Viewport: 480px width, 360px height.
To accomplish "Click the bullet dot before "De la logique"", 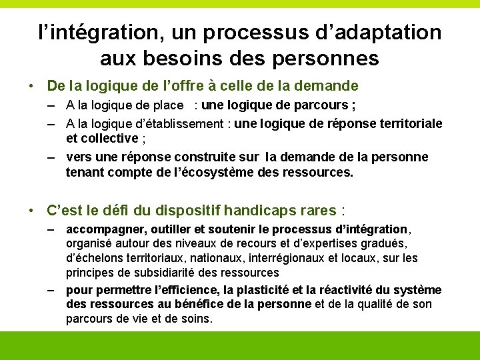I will (31, 86).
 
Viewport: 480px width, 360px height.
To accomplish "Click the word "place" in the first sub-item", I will (167, 105).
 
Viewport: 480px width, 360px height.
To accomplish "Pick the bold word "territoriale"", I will (409, 123).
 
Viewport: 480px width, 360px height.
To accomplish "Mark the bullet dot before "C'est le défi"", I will (31, 211).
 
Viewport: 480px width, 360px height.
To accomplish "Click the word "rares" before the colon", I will (318, 211).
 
